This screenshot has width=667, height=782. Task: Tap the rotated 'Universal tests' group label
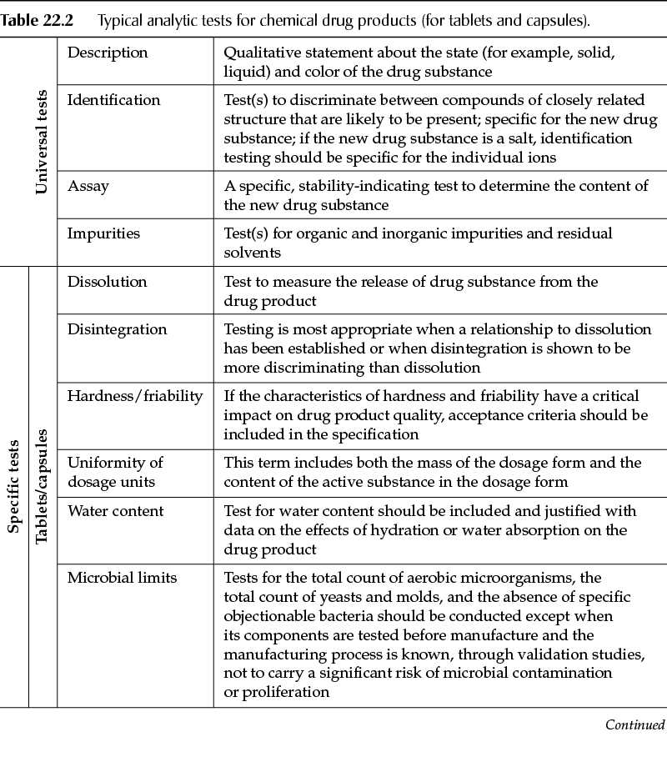42,141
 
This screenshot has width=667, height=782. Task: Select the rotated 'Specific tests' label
13,487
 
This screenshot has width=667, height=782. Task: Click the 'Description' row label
108,53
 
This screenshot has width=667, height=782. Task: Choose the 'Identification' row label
113,100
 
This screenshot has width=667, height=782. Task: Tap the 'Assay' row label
88,186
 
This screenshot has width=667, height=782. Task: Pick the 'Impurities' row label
103,233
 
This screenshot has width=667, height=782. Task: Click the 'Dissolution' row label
107,282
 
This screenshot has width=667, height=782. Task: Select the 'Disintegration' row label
117,329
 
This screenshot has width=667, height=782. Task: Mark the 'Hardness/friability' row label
135,396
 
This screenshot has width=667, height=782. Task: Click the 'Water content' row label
116,510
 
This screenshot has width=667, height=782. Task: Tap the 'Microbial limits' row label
122,577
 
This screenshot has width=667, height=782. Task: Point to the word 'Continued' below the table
635,724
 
